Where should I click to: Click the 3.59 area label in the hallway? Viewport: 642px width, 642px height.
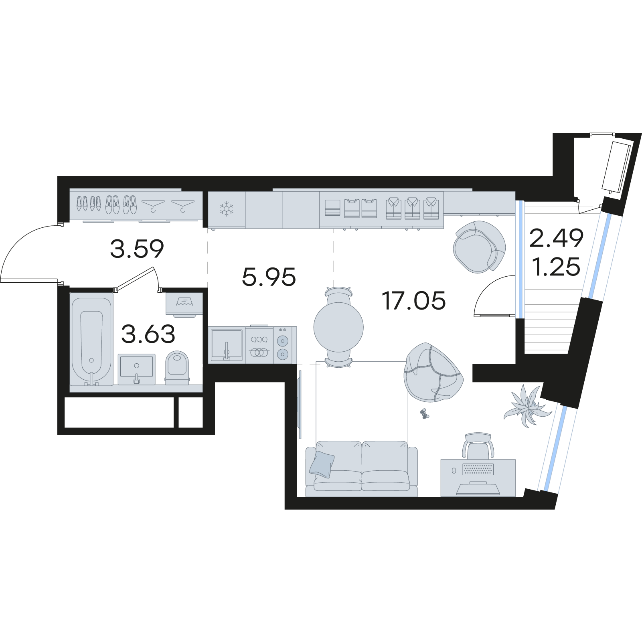click(x=137, y=249)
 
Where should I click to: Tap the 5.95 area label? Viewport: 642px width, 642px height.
click(x=269, y=277)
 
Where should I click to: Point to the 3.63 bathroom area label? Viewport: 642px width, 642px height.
click(x=148, y=334)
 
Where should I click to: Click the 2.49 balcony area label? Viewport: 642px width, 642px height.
click(x=556, y=239)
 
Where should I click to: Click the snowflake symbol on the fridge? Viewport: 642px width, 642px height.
click(x=226, y=209)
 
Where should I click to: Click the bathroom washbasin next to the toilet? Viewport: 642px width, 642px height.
click(x=136, y=369)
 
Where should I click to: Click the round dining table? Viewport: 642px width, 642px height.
click(x=338, y=325)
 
